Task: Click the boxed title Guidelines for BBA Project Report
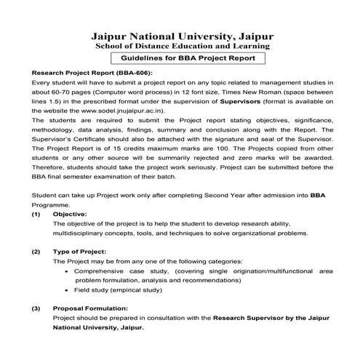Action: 180,58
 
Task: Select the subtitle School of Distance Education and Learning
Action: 180,46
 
